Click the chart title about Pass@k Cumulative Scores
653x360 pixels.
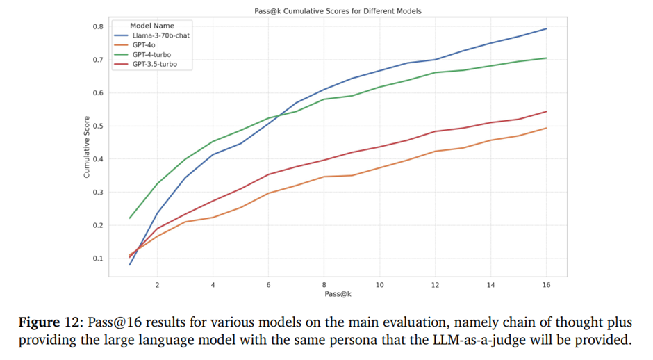(337, 11)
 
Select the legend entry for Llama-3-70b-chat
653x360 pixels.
(162, 35)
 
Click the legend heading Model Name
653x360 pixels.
(153, 26)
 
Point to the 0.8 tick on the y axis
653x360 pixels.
(98, 26)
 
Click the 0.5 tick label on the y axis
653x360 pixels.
(98, 126)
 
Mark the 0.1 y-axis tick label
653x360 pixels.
(98, 259)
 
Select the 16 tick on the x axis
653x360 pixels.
(546, 285)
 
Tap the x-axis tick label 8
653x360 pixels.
(324, 285)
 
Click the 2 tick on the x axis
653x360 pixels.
(157, 285)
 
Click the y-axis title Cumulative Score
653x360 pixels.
(87, 150)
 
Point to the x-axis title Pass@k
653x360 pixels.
(338, 295)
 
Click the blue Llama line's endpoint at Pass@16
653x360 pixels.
(546, 28)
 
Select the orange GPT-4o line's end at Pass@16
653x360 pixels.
(546, 128)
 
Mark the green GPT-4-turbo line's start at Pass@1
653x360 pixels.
(130, 218)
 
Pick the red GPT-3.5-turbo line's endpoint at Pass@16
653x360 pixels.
(546, 111)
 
